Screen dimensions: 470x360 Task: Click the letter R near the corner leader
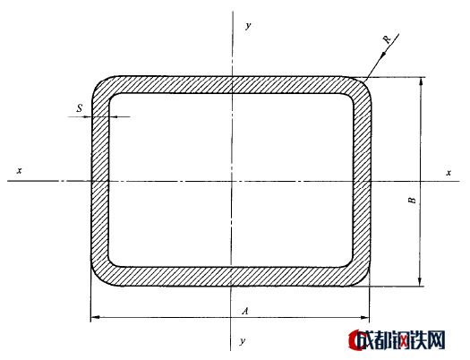[x=387, y=39]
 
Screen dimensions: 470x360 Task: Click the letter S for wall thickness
[x=80, y=107]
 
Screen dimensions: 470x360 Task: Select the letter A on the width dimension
[x=245, y=311]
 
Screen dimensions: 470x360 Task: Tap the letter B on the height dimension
[x=413, y=200]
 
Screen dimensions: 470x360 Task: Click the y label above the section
[x=248, y=25]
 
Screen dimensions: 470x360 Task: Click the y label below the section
[x=243, y=341]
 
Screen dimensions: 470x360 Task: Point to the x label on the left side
[x=20, y=170]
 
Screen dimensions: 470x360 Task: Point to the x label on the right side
[x=449, y=173]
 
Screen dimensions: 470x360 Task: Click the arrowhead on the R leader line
[x=383, y=56]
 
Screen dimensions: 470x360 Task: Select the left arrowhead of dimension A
[x=95, y=317]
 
